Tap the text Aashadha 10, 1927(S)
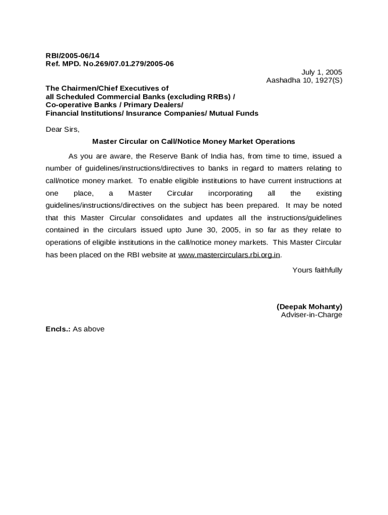click(304, 80)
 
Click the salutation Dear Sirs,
click(62, 129)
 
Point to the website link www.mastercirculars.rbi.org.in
click(229, 254)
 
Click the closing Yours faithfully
click(317, 270)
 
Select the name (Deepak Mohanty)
click(309, 306)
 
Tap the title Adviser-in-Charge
click(311, 315)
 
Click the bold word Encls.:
click(58, 329)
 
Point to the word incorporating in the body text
click(230, 193)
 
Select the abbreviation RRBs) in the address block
click(220, 97)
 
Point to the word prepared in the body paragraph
click(262, 205)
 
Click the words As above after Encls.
click(89, 329)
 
